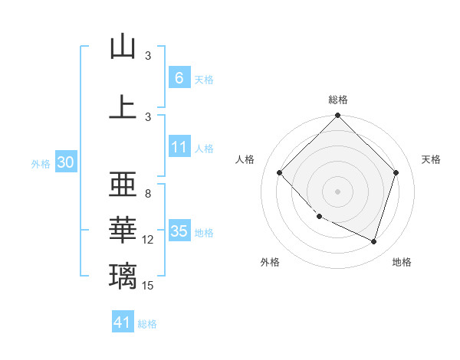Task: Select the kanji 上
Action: click(x=123, y=106)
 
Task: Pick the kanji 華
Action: click(x=123, y=230)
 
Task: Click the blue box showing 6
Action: click(x=179, y=78)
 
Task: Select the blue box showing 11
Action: click(x=179, y=147)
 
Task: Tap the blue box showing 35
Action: click(x=179, y=231)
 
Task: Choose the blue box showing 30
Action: click(x=65, y=162)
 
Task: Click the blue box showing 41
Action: click(x=123, y=323)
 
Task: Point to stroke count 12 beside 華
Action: click(x=148, y=240)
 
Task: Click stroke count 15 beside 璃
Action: click(x=148, y=286)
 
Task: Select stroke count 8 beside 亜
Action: click(x=148, y=194)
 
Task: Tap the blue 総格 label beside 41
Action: click(x=147, y=324)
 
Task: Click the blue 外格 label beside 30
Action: click(x=41, y=163)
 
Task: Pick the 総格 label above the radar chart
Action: click(x=338, y=100)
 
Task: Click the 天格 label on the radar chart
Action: click(x=432, y=159)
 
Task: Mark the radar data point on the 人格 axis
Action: click(x=280, y=172)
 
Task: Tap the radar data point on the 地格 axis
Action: click(x=373, y=241)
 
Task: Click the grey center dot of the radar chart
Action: click(x=338, y=191)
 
